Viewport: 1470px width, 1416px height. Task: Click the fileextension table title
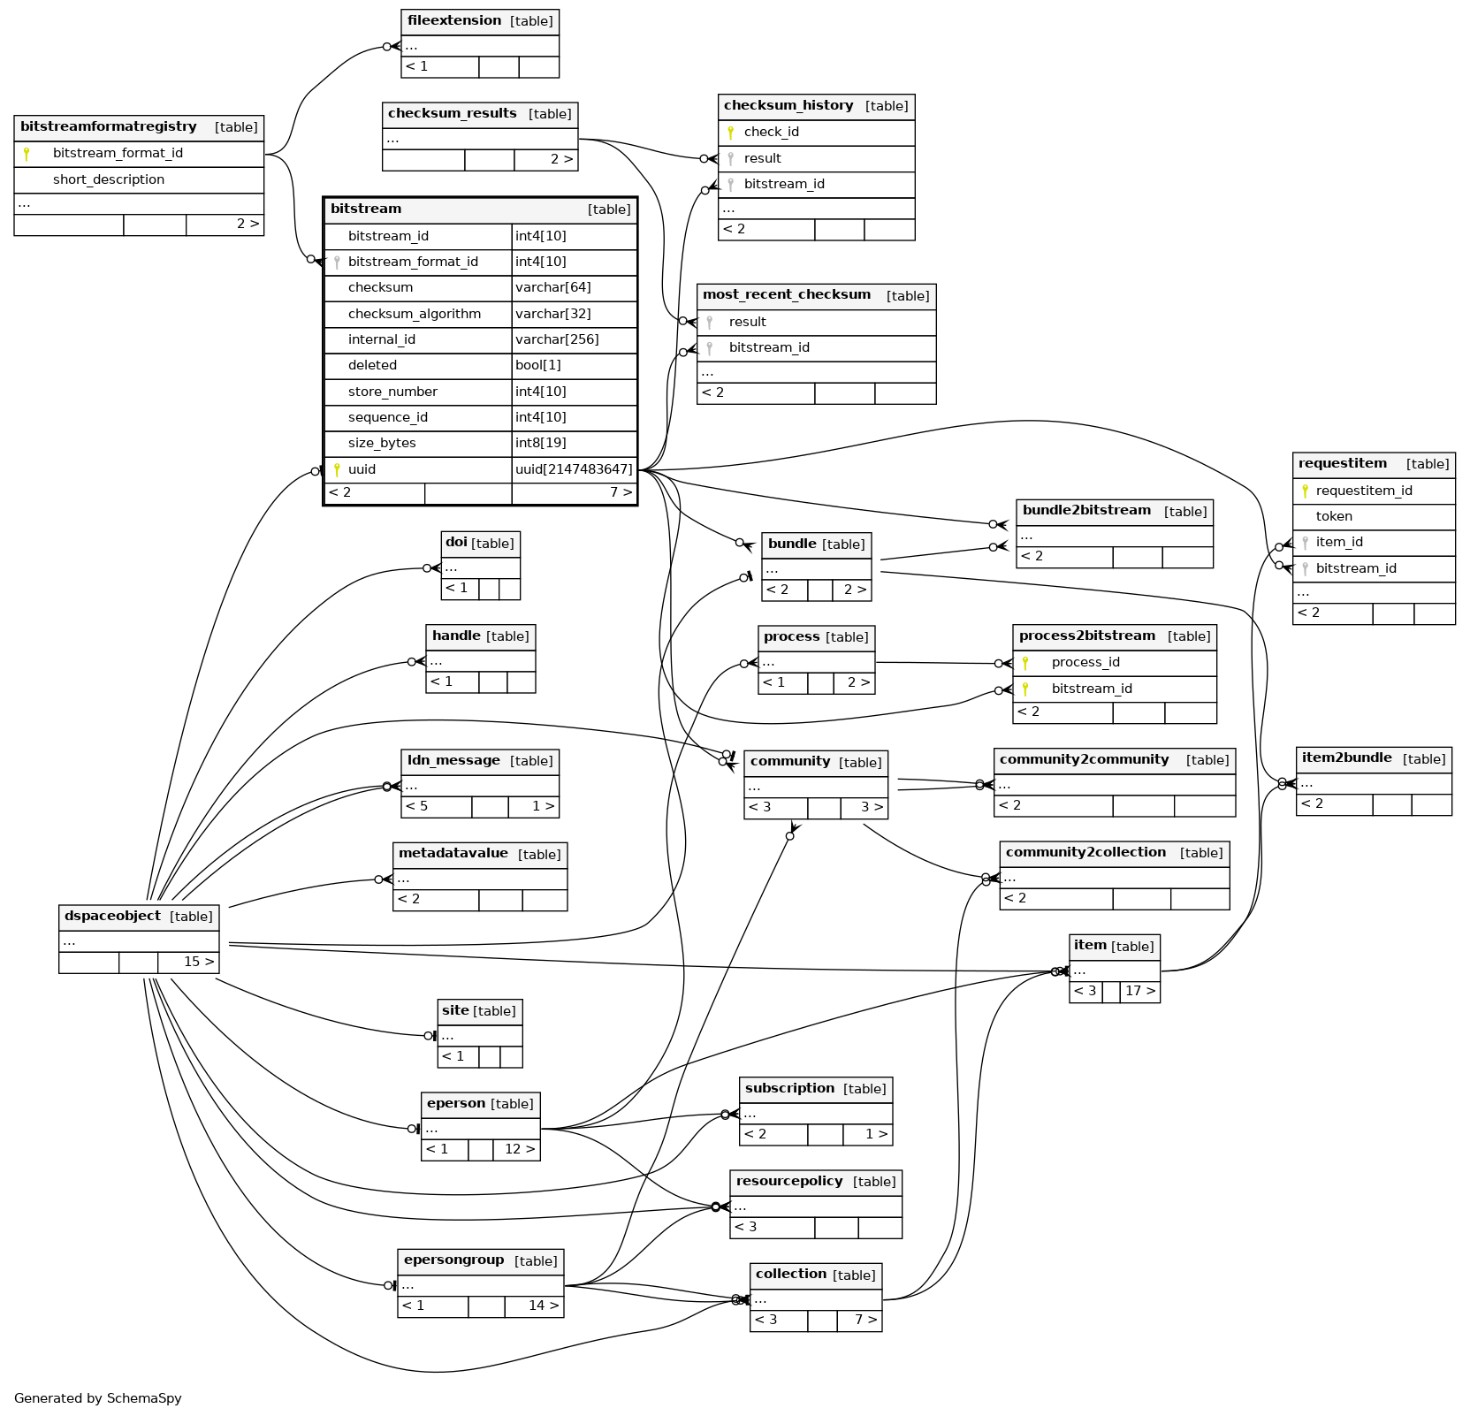(454, 20)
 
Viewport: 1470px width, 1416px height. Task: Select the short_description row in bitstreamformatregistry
(109, 179)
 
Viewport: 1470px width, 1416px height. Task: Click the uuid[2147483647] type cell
(574, 469)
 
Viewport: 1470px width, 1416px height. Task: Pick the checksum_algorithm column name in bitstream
(415, 314)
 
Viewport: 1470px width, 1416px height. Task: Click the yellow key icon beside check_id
(731, 133)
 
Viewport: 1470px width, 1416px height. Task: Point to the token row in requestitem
(1334, 516)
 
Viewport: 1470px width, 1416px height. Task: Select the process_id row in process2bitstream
(1085, 662)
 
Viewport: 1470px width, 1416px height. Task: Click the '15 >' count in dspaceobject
(199, 962)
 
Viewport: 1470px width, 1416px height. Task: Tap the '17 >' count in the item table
(1139, 991)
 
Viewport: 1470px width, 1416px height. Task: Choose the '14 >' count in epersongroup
(544, 1306)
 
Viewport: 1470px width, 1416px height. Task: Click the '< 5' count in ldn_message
(417, 806)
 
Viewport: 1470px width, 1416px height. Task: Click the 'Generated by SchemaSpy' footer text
(98, 1398)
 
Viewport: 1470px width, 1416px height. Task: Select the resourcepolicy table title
(789, 1181)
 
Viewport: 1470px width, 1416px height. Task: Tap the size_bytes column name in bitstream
(382, 443)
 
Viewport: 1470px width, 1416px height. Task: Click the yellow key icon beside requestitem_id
(1305, 491)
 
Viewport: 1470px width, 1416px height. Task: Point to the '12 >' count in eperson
(520, 1149)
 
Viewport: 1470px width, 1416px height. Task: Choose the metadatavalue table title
(453, 853)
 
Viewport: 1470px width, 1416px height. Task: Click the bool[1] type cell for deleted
(538, 365)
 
